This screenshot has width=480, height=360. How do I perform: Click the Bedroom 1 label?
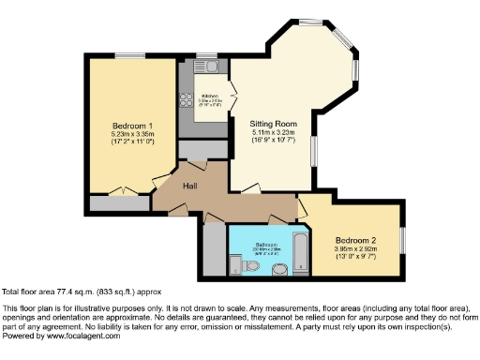(132, 126)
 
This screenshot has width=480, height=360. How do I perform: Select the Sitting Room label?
(273, 123)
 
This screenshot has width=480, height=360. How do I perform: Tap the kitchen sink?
(208, 67)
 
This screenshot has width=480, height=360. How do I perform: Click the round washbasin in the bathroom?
(278, 271)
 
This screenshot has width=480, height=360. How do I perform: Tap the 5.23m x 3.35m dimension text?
(132, 135)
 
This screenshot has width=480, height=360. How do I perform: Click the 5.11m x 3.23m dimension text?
(273, 132)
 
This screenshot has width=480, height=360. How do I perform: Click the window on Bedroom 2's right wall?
(403, 239)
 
